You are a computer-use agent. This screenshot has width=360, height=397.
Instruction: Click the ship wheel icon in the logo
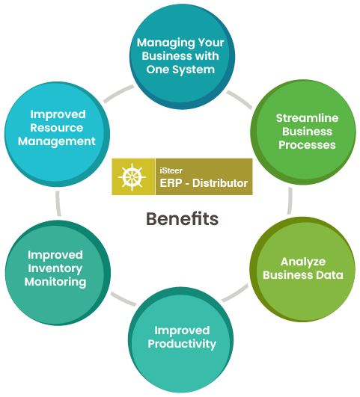pos(132,176)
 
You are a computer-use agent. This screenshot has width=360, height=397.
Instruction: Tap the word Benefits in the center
pos(182,219)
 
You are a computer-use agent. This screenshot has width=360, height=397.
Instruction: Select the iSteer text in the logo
pos(171,170)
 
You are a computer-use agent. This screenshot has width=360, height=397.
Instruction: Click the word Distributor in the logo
pos(220,183)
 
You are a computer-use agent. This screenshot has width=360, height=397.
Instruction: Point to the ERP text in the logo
pos(171,183)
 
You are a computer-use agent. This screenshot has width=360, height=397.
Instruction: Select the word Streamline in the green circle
pos(307,118)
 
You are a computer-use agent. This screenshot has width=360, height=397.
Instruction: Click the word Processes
pos(307,145)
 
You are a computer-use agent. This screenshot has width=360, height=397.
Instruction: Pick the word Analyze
pos(303,262)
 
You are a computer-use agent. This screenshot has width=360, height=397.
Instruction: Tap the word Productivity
pos(182,345)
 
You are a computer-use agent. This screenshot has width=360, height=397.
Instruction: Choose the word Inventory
pos(55,268)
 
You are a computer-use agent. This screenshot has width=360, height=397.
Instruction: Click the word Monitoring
pos(55,282)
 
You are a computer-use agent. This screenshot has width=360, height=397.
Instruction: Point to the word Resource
pos(57,128)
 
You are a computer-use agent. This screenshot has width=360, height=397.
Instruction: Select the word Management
pos(57,141)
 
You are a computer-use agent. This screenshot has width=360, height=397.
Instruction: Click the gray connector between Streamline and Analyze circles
pos(290,201)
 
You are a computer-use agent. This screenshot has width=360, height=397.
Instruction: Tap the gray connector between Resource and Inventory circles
pos(58,203)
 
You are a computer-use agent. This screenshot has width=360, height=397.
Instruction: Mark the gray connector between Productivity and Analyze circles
pos(235,293)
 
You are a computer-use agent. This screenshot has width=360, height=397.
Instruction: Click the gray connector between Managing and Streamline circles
pos(239,99)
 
